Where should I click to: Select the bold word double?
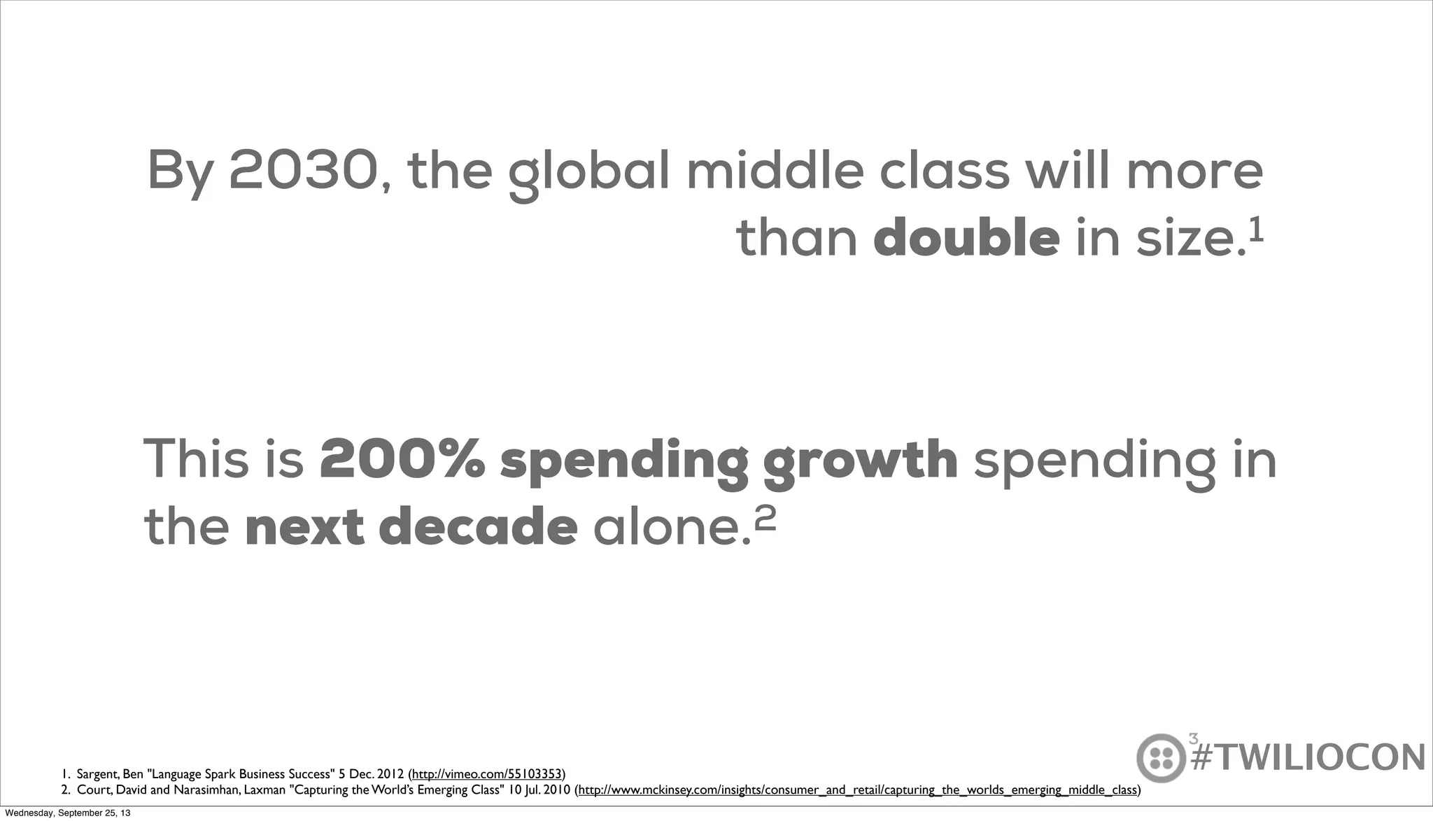pos(966,239)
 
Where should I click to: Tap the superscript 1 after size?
pos(1256,230)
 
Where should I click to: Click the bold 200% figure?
pos(402,460)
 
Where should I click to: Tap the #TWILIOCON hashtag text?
pos(1308,758)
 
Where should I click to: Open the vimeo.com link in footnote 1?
pos(487,774)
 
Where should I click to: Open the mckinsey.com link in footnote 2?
pos(857,790)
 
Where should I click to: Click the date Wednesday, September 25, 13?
pos(67,813)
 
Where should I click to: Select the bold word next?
pos(304,528)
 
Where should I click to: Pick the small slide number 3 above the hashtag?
pos(1193,738)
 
